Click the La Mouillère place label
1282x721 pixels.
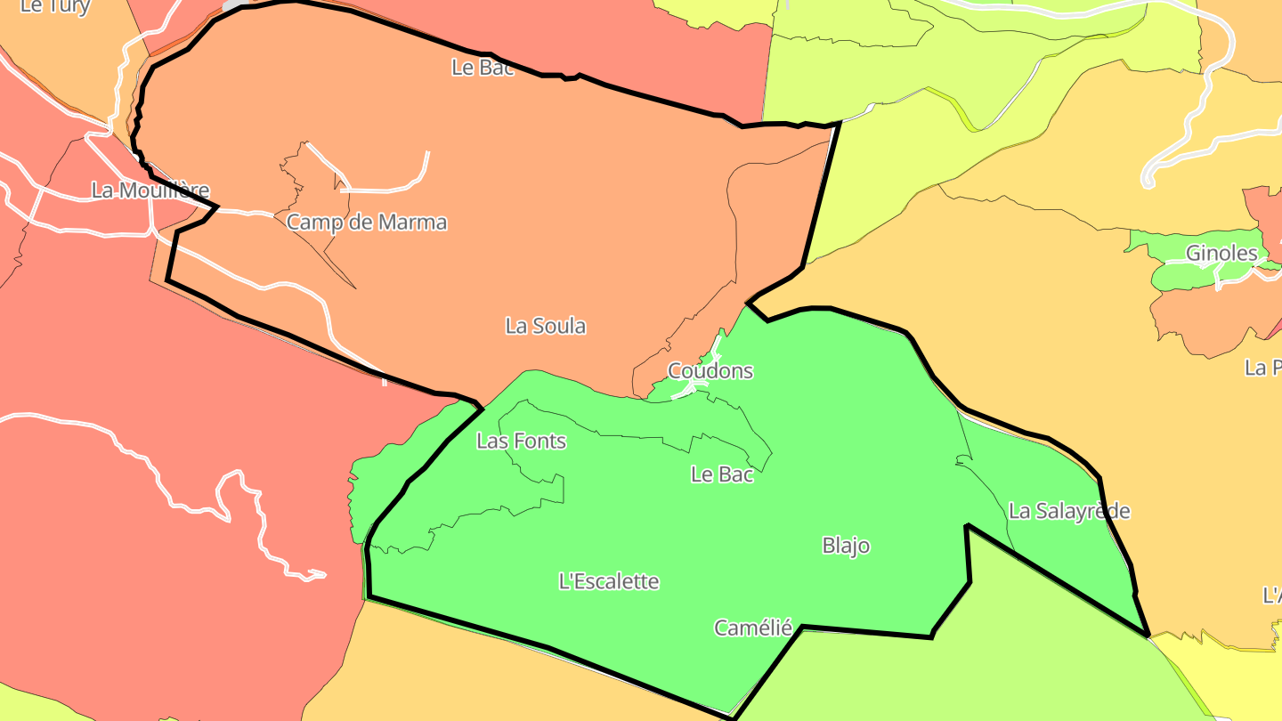pyautogui.click(x=150, y=190)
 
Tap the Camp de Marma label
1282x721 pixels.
pyautogui.click(x=367, y=223)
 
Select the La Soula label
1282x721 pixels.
pyautogui.click(x=546, y=327)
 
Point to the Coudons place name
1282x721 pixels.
pyautogui.click(x=710, y=371)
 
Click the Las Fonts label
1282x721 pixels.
pyautogui.click(x=522, y=441)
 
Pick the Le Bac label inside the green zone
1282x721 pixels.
pyautogui.click(x=722, y=474)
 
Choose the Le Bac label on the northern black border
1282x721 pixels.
pyautogui.click(x=483, y=68)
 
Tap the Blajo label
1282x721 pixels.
pyautogui.click(x=846, y=546)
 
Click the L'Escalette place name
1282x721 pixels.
pyautogui.click(x=609, y=582)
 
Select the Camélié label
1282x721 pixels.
pyautogui.click(x=753, y=628)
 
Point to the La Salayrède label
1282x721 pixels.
pyautogui.click(x=1069, y=511)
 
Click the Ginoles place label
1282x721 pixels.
pyautogui.click(x=1221, y=254)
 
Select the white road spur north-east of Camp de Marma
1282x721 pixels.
pyautogui.click(x=383, y=189)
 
